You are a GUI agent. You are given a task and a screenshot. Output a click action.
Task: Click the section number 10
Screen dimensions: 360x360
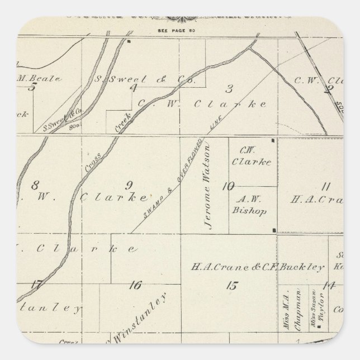227,187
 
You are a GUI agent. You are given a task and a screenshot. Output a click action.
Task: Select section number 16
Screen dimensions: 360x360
134,286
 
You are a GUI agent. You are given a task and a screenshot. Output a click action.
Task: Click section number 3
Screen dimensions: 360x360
229,88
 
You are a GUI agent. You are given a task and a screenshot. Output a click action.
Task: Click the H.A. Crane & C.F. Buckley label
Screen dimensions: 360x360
258,267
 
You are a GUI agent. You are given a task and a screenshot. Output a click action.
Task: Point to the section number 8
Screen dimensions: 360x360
35,186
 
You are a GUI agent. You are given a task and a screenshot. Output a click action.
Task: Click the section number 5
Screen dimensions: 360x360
32,87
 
